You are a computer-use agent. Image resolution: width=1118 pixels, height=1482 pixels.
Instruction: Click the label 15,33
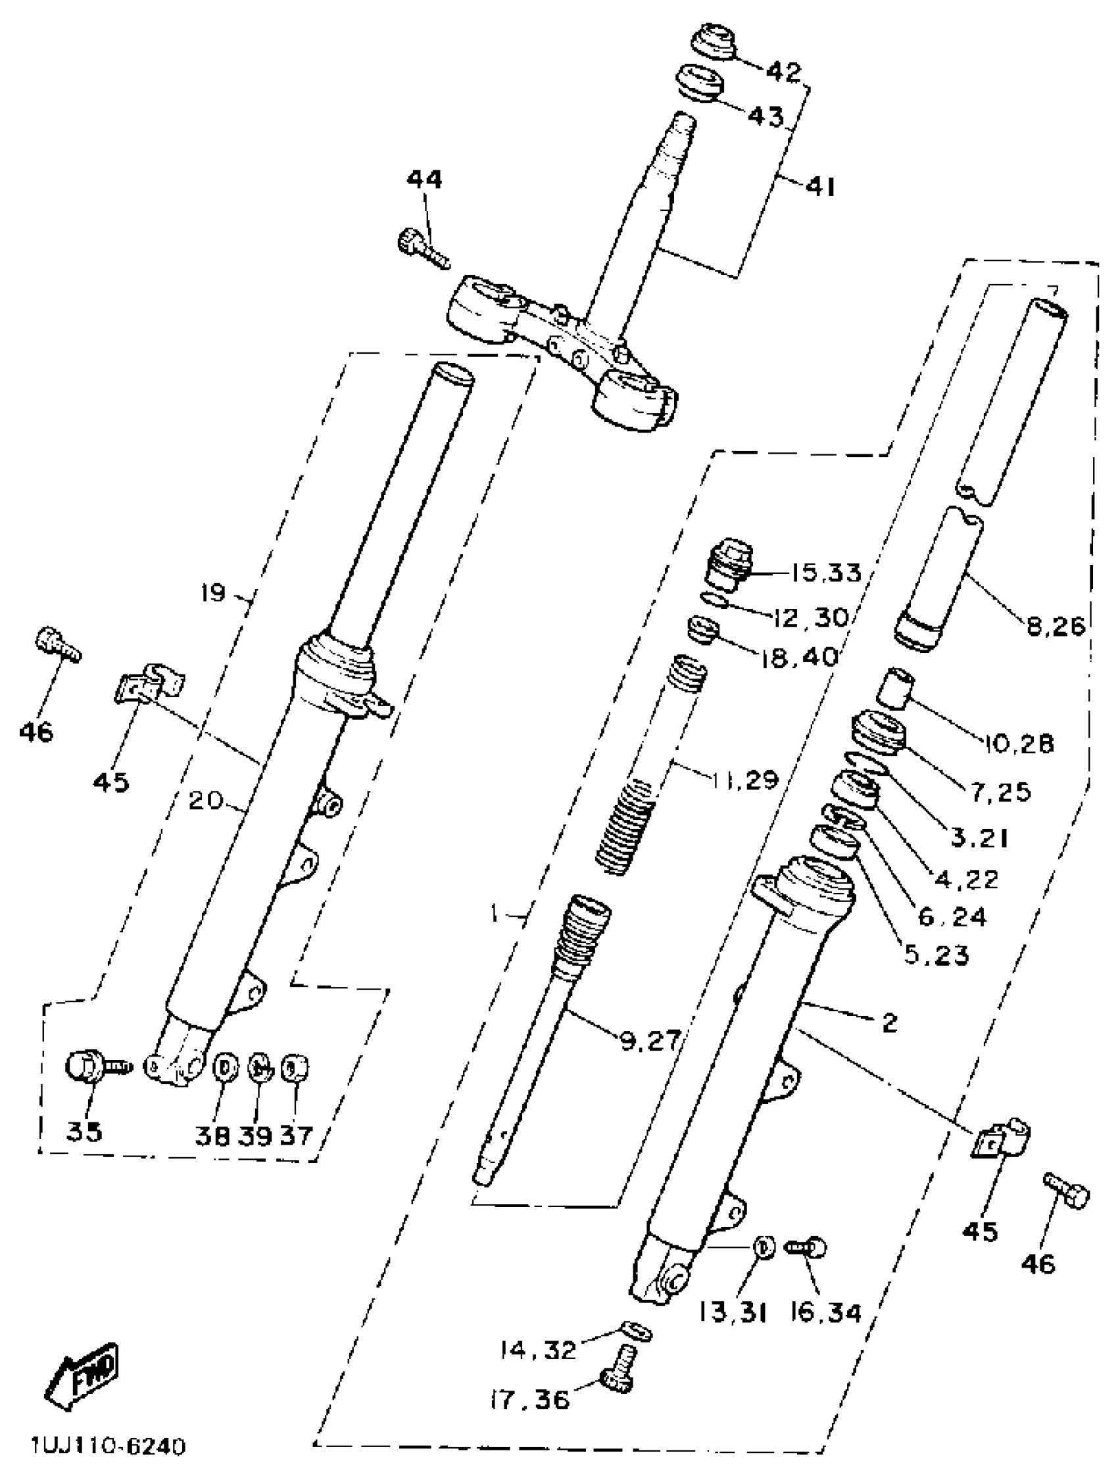tap(825, 573)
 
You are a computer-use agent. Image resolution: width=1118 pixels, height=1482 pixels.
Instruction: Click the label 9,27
tap(650, 1040)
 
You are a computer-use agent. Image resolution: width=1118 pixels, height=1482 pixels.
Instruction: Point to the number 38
tap(213, 1135)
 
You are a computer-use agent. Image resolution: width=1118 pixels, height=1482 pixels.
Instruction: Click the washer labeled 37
tap(293, 1067)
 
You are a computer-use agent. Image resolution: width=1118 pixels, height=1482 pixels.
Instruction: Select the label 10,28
tap(1019, 744)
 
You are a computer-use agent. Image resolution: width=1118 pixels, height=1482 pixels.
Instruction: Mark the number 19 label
tap(213, 593)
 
